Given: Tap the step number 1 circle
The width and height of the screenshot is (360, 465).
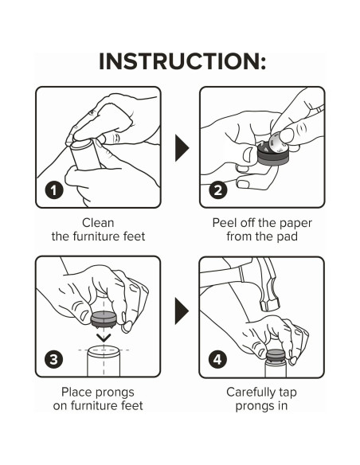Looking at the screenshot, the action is coord(54,190).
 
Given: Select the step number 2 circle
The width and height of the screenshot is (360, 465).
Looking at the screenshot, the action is coord(218,190).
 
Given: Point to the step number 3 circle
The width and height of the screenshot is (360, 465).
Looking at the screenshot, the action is coord(53,359).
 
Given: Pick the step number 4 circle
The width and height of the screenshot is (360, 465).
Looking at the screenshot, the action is coord(217,359).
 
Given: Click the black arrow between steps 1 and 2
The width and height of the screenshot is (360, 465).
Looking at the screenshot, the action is coord(182,147).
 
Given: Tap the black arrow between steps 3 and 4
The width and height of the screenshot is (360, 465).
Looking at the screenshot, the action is coord(182,311).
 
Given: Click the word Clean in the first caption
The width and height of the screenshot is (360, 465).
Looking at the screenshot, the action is coord(98,223).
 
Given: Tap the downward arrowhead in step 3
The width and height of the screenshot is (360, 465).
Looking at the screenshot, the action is coord(104,338).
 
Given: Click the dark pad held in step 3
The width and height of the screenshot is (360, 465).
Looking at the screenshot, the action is coord(104,318).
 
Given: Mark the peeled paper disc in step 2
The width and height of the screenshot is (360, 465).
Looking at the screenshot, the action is coord(280,143).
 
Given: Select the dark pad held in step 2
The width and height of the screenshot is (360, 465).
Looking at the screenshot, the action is coord(272,154).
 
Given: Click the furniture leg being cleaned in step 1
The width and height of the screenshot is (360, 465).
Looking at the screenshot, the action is coord(86,154).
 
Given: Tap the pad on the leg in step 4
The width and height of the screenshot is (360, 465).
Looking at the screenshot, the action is coord(276,354).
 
